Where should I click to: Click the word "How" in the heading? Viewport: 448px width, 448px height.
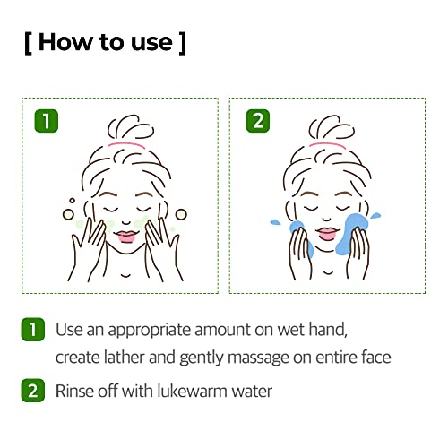point(69,42)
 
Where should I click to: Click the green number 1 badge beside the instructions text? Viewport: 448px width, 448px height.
point(33,331)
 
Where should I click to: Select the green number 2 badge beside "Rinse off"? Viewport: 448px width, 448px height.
point(33,391)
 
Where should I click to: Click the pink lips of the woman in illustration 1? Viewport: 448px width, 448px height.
point(127,237)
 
